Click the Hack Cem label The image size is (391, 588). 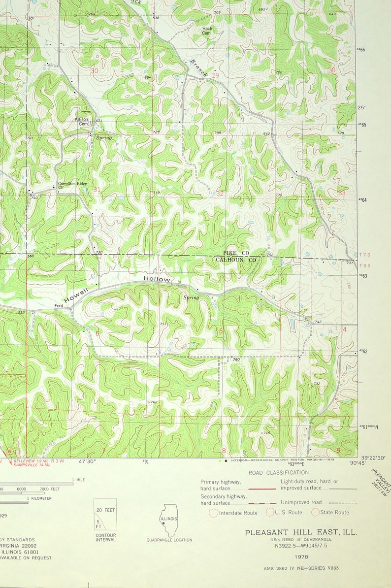pos(207,31)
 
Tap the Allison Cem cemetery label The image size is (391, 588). pos(81,121)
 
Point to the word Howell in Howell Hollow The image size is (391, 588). pos(76,295)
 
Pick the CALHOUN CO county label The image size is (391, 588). pos(236,260)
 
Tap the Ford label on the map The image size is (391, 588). pos(59,306)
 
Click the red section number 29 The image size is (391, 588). pos(215,75)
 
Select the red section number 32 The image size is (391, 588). pos(220,194)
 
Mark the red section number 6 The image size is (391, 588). pos(97,333)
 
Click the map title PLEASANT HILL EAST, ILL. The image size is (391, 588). pos(301,532)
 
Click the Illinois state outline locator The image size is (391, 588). pos(168,520)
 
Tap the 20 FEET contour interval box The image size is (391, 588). pos(105,510)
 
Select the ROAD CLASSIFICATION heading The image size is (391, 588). pos(278,472)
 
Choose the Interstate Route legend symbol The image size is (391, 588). pos(213,513)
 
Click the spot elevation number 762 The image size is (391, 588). pos(153,402)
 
